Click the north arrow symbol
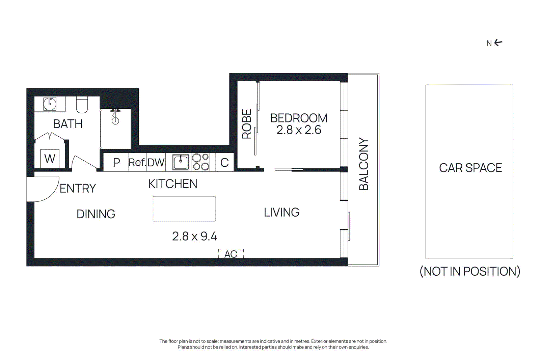[x=498, y=43]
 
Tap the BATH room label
[x=68, y=124]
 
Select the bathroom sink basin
[x=50, y=104]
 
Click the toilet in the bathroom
[x=82, y=105]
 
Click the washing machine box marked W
[x=50, y=158]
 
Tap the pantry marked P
[x=116, y=162]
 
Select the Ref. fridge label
[x=137, y=162]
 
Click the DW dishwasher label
[x=156, y=162]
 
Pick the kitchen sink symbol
[x=181, y=162]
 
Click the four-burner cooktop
[x=200, y=162]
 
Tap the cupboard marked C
[x=224, y=162]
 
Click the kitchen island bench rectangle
[x=184, y=209]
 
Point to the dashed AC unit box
[x=231, y=254]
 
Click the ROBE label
[x=247, y=124]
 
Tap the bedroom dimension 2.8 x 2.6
[x=299, y=130]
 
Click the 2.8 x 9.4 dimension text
[x=194, y=236]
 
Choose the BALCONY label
[x=363, y=164]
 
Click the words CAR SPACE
[x=470, y=168]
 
